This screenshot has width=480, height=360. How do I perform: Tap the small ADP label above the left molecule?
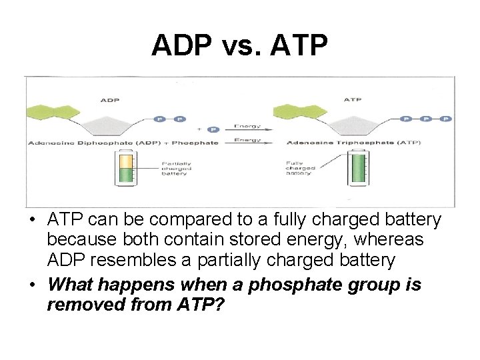point(110,100)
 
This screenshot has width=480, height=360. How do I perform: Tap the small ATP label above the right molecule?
point(353,100)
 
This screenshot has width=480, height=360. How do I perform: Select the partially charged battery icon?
point(125,170)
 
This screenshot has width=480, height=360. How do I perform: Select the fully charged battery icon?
point(359,170)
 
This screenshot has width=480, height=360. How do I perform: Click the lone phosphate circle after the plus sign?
point(213,129)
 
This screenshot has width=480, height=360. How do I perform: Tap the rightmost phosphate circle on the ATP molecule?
point(445,119)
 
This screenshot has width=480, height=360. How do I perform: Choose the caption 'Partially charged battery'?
point(177,169)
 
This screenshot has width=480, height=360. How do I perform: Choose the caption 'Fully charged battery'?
point(301,169)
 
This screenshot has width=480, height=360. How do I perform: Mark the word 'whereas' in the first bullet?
point(401,239)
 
